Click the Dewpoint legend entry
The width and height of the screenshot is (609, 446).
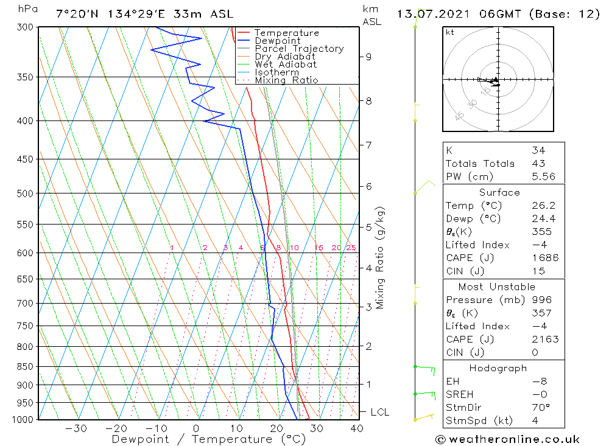pos(277,41)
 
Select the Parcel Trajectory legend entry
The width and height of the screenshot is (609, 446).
pos(299,49)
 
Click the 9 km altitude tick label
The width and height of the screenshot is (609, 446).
pos(368,57)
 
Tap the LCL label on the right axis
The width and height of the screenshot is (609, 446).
pos(379,413)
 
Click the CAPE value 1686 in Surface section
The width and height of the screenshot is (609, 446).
pos(544,257)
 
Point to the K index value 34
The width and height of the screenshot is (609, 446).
pos(538,150)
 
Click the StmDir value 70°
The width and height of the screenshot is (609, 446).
pos(540,408)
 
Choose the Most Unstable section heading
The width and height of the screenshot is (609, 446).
pos(497,287)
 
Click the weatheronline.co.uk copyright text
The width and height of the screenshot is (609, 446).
pos(508,439)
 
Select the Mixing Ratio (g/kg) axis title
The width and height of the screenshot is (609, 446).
pos(381,258)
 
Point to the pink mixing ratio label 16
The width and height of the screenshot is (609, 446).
pos(319,248)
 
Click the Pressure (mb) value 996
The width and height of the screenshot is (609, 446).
pos(541,300)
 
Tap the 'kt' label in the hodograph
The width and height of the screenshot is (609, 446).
pos(449,32)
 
